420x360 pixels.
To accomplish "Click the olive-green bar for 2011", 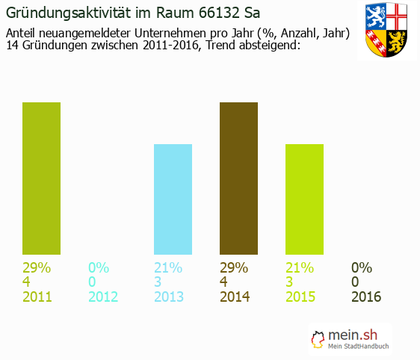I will click(41, 179).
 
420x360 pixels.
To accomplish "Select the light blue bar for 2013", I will click(173, 199).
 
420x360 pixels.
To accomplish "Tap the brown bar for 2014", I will click(238, 179).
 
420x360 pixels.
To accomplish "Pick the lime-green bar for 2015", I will click(304, 199).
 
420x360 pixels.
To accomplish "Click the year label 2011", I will click(37, 297).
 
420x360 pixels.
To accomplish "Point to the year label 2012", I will click(103, 297).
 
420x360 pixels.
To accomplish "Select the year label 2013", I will click(169, 297).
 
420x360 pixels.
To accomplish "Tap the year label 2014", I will click(235, 297).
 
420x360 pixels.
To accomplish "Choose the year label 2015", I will click(300, 297).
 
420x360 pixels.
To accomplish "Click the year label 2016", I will click(366, 297).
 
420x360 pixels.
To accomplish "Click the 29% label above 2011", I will click(37, 267).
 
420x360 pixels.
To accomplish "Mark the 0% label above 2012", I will click(99, 267).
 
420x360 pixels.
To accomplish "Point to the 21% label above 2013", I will click(168, 267).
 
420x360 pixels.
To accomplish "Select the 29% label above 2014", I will click(234, 267).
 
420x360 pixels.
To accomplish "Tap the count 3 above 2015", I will click(289, 282).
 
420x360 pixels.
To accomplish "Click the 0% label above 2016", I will click(362, 267).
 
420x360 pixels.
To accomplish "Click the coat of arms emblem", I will click(387, 31).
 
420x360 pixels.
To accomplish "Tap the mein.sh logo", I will click(351, 338).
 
